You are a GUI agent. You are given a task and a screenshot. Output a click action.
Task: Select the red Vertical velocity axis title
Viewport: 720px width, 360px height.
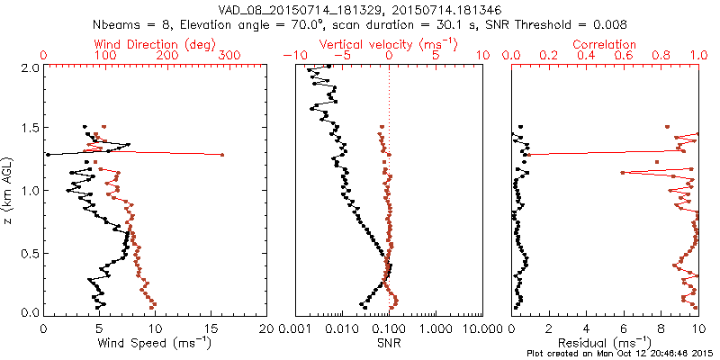click(389, 43)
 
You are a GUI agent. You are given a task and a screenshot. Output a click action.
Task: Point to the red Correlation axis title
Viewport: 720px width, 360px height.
click(605, 43)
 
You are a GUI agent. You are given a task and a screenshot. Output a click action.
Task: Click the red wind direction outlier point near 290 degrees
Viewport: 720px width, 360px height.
click(222, 156)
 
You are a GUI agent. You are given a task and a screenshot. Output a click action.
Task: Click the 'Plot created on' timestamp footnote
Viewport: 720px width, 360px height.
click(621, 353)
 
